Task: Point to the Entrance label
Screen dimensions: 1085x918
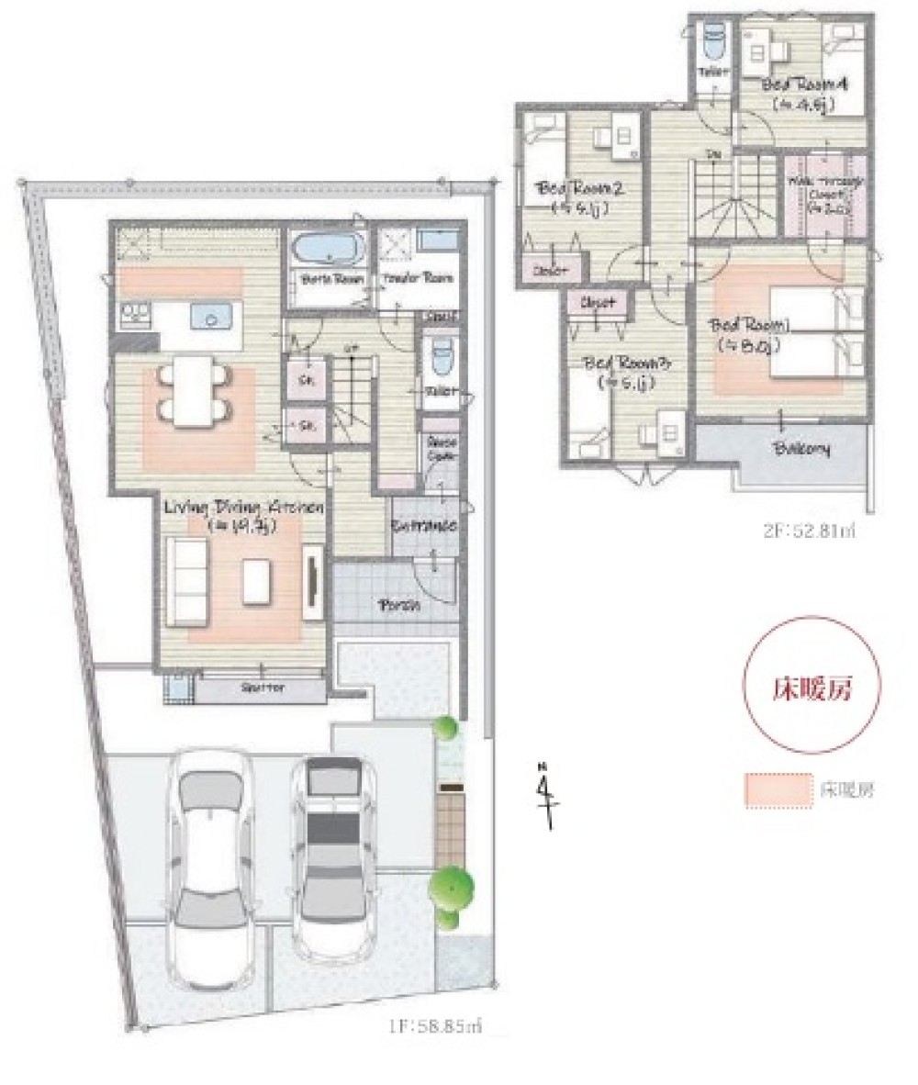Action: [423, 526]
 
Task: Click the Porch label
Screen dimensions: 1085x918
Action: [399, 606]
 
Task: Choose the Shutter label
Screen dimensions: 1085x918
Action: [262, 688]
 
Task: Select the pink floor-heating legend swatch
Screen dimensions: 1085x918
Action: [778, 789]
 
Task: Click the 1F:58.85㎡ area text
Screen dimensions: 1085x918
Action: [427, 1027]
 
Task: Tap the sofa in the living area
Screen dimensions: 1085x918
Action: [188, 580]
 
